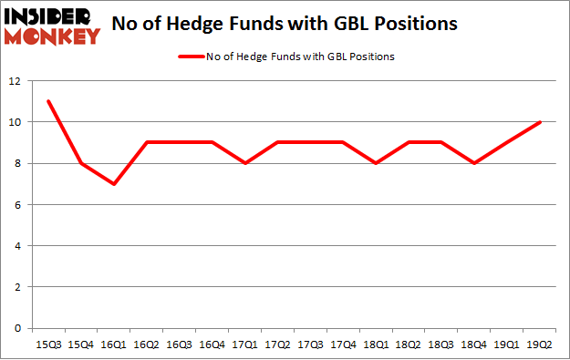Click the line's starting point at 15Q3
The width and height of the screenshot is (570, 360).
47,101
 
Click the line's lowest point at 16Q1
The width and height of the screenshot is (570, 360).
113,184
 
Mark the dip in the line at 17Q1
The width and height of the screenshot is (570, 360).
245,163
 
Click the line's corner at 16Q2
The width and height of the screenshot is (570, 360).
147,142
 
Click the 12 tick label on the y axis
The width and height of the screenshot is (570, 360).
16,81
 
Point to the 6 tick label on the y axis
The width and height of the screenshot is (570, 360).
19,205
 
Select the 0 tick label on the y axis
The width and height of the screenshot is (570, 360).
19,328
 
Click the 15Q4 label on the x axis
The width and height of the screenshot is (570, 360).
80,345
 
